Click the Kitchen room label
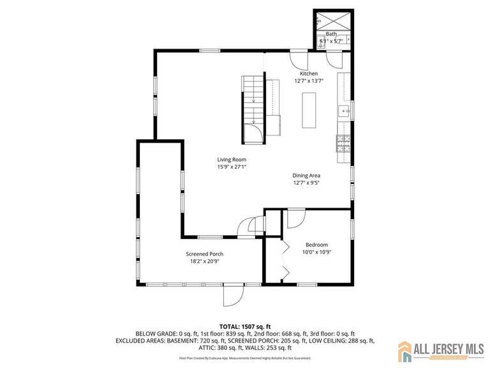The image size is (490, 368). click(309, 73)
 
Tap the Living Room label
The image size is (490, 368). click(232, 160)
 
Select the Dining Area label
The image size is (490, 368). click(306, 175)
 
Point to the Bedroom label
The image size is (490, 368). click(316, 245)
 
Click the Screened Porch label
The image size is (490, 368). click(204, 254)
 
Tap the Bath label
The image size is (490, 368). click(331, 34)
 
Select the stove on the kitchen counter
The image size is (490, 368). click(343, 144)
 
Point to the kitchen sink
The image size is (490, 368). click(345, 112)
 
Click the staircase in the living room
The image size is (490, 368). click(253, 102)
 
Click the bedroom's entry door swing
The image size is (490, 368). click(295, 218)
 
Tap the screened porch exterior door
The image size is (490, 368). click(234, 295)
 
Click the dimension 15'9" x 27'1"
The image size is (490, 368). click(232, 167)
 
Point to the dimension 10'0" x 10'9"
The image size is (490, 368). click(316, 252)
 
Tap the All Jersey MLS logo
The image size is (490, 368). click(440, 350)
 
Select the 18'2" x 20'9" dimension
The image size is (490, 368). click(204, 261)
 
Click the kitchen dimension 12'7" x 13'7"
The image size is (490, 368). click(309, 81)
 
